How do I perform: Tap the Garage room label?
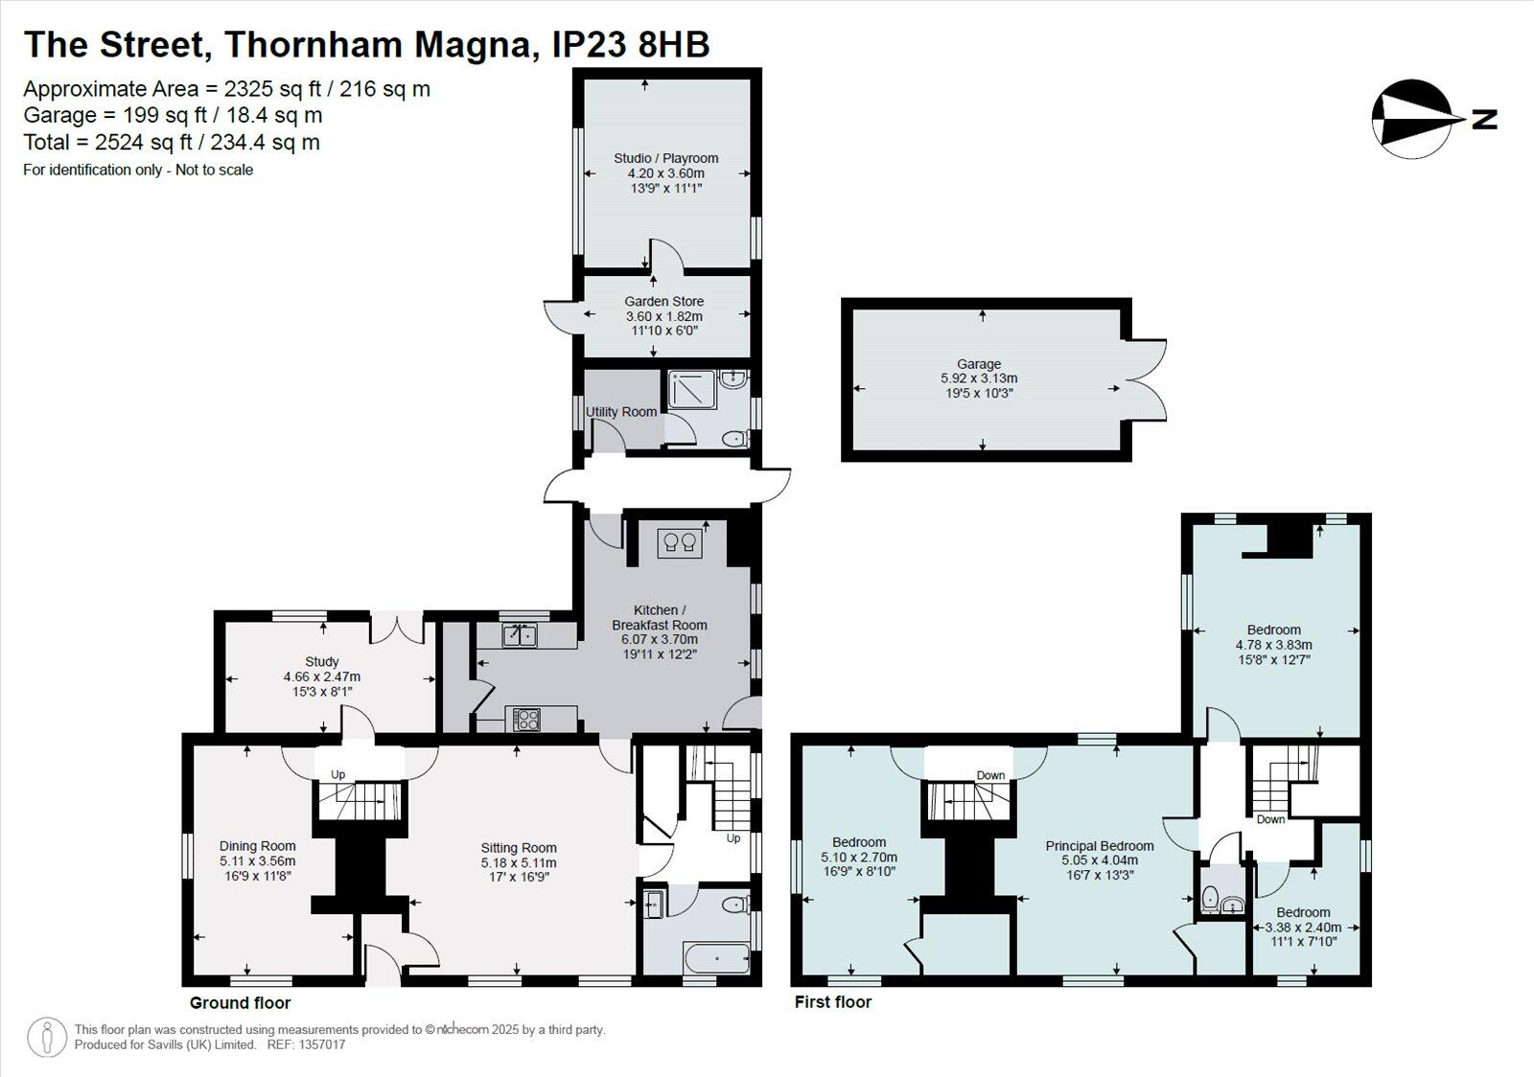pyautogui.click(x=978, y=364)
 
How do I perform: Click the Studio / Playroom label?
pyautogui.click(x=665, y=158)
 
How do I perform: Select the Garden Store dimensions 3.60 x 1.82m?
pyautogui.click(x=663, y=316)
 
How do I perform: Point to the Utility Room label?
pyautogui.click(x=621, y=412)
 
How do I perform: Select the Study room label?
pyautogui.click(x=322, y=661)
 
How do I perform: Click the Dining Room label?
pyautogui.click(x=257, y=846)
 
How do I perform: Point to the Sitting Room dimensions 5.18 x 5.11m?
pyautogui.click(x=519, y=862)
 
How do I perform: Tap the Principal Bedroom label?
pyautogui.click(x=1099, y=846)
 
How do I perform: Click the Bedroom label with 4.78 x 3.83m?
pyautogui.click(x=1273, y=630)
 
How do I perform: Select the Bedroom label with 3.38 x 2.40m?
pyautogui.click(x=1303, y=912)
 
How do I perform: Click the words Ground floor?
pyautogui.click(x=240, y=1003)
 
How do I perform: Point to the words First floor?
pyautogui.click(x=833, y=1002)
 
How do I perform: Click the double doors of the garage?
pyautogui.click(x=1148, y=379)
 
